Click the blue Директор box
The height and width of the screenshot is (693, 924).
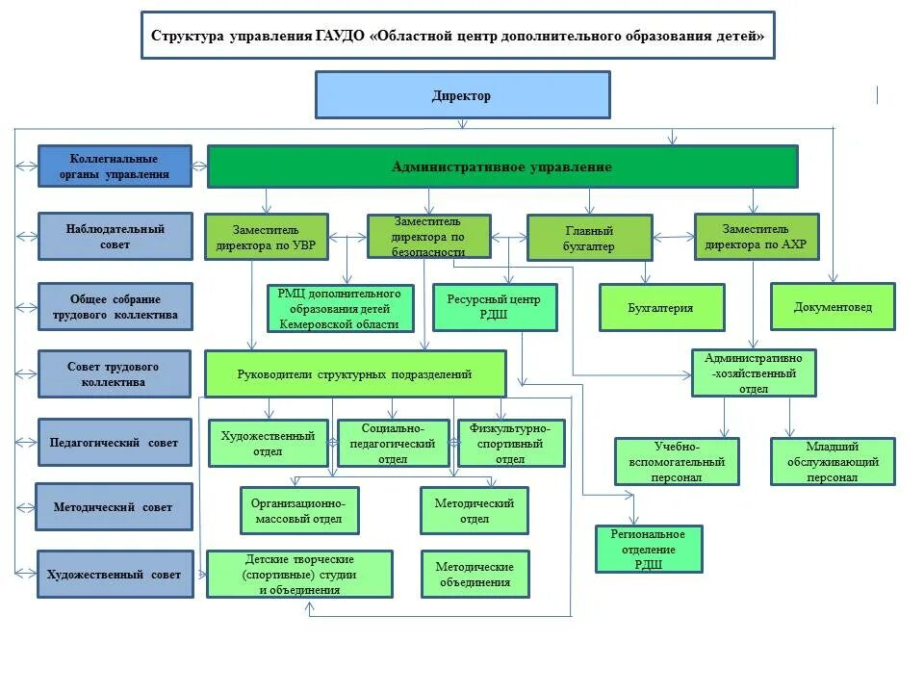462,95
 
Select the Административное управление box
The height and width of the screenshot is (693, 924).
501,167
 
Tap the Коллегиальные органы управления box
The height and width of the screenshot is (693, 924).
115,166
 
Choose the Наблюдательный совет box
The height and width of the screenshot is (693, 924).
115,237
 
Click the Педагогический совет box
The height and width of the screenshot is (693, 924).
115,443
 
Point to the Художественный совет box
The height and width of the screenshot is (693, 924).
115,575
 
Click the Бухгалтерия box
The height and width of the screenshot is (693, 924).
661,308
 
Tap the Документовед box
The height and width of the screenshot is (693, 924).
833,307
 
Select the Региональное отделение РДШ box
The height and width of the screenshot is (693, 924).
649,549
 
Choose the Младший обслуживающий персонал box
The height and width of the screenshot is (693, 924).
833,462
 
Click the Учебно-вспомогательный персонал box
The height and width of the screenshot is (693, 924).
677,462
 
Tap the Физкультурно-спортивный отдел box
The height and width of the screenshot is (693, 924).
510,444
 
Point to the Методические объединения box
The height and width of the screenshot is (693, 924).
475,574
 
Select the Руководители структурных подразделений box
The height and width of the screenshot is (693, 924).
355,374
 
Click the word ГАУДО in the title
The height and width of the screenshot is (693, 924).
338,37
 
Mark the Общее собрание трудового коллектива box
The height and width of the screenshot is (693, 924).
115,307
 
